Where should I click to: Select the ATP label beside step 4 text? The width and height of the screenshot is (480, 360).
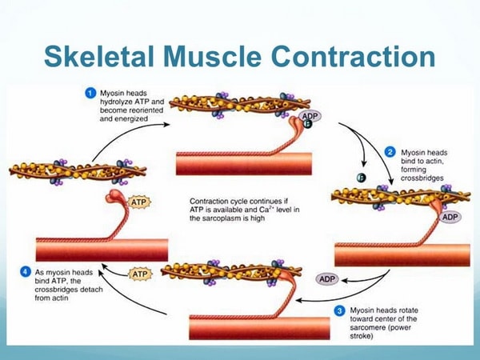tap(141, 274)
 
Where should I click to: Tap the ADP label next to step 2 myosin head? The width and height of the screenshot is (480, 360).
tap(450, 217)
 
